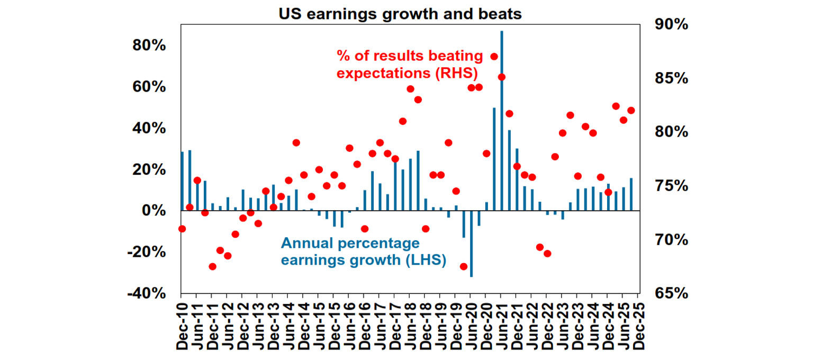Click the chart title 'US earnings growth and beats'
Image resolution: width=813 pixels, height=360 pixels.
tap(400, 14)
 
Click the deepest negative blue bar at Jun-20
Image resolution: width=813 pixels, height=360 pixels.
tap(471, 244)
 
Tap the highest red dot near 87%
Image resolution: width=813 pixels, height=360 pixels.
tap(494, 57)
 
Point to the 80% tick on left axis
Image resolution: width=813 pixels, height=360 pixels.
tap(149, 46)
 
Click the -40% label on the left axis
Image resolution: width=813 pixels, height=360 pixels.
tap(146, 294)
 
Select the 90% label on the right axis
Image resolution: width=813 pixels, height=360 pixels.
tap(671, 25)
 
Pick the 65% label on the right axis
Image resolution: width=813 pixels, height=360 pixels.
tap(671, 294)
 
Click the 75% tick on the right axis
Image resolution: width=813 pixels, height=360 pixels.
tap(671, 186)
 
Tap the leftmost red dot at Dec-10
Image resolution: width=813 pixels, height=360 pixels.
tap(182, 229)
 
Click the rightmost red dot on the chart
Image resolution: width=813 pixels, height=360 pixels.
tap(631, 111)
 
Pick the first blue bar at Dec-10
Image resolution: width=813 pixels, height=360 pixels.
tap(183, 182)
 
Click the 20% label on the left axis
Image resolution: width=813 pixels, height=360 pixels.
tap(149, 170)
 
